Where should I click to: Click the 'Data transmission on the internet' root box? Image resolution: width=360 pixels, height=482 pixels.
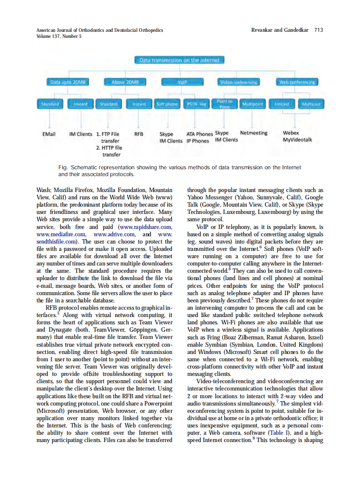tap(180, 61)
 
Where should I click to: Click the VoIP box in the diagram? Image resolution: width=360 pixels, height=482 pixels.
tap(183, 82)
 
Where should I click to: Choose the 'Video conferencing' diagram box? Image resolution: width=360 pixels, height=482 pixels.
tap(239, 82)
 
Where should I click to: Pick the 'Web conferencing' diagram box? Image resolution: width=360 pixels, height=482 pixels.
tap(297, 82)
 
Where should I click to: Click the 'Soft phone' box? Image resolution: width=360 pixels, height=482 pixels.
tap(167, 104)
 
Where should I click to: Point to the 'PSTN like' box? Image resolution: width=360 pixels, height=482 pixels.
tap(197, 104)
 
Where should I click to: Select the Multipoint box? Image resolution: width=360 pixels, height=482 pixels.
tap(253, 104)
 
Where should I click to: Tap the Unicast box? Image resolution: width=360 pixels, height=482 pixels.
tap(282, 104)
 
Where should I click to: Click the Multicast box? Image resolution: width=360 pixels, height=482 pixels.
tap(311, 104)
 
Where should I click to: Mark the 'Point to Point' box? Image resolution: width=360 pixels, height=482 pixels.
tap(225, 104)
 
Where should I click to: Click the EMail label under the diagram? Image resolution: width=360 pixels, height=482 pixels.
tap(49, 134)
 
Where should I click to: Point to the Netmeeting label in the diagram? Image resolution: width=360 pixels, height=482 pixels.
tap(253, 133)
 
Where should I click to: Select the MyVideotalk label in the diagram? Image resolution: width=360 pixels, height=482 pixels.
tap(297, 140)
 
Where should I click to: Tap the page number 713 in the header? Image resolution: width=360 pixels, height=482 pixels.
tap(318, 30)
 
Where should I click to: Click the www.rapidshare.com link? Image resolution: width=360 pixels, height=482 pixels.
tap(146, 227)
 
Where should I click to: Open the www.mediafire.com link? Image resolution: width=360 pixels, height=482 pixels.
tap(62, 234)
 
